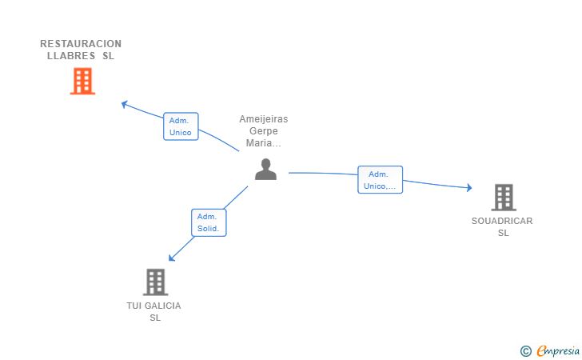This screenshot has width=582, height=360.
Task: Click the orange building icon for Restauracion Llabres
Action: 82,81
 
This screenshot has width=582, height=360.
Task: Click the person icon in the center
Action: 265,169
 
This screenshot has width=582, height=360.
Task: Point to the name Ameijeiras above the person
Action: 264,119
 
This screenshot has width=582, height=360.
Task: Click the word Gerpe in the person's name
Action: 264,131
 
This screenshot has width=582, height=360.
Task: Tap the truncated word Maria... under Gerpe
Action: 264,143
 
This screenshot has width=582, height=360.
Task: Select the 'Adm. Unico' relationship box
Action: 181,126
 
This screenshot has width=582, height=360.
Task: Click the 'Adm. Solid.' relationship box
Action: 209,222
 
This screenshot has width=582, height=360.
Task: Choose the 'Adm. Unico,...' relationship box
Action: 380,180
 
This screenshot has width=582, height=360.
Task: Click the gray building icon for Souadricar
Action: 503,197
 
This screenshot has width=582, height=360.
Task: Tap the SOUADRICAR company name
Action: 502,221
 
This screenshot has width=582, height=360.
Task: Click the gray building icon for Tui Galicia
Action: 155,282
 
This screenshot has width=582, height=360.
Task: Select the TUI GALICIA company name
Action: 153,306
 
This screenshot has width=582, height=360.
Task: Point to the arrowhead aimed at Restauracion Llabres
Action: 124,103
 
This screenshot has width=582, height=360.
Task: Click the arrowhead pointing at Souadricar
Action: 470,188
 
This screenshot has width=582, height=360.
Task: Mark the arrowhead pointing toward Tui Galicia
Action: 171,258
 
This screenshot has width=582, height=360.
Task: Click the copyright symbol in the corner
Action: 525,350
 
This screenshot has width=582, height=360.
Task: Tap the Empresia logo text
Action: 558,350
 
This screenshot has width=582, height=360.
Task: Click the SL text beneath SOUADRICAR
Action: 503,233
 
